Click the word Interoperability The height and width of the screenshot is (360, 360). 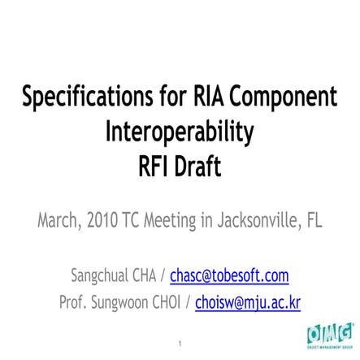pos(180,131)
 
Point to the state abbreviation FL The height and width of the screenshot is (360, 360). pos(314,220)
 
